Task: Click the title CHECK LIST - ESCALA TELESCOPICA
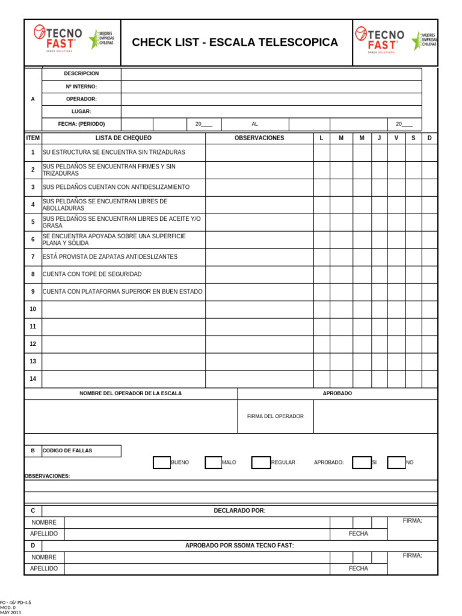(x=235, y=42)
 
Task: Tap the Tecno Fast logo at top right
(x=380, y=40)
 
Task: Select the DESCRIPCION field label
(x=81, y=73)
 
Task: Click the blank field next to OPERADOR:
(x=271, y=99)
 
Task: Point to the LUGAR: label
(x=81, y=111)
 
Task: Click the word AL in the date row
(x=254, y=124)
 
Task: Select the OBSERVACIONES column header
(x=259, y=138)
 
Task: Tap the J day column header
(x=379, y=138)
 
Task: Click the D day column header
(x=430, y=138)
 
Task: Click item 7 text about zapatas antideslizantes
(x=110, y=257)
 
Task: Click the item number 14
(x=33, y=379)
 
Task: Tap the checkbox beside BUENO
(x=161, y=463)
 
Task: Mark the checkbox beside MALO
(x=213, y=463)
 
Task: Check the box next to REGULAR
(x=260, y=463)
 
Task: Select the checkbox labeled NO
(x=396, y=463)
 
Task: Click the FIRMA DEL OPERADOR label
(x=276, y=416)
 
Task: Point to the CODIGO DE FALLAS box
(x=81, y=451)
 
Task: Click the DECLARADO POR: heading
(x=239, y=511)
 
